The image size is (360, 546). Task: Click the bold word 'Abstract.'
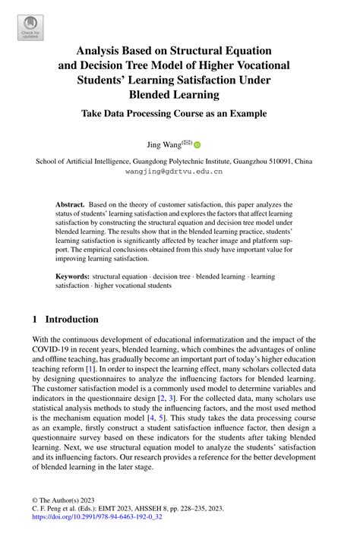pos(70,205)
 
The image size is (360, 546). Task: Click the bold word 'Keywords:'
pos(72,276)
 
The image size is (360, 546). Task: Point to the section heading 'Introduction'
pos(71,320)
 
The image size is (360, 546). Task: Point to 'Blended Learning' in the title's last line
pos(180,96)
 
